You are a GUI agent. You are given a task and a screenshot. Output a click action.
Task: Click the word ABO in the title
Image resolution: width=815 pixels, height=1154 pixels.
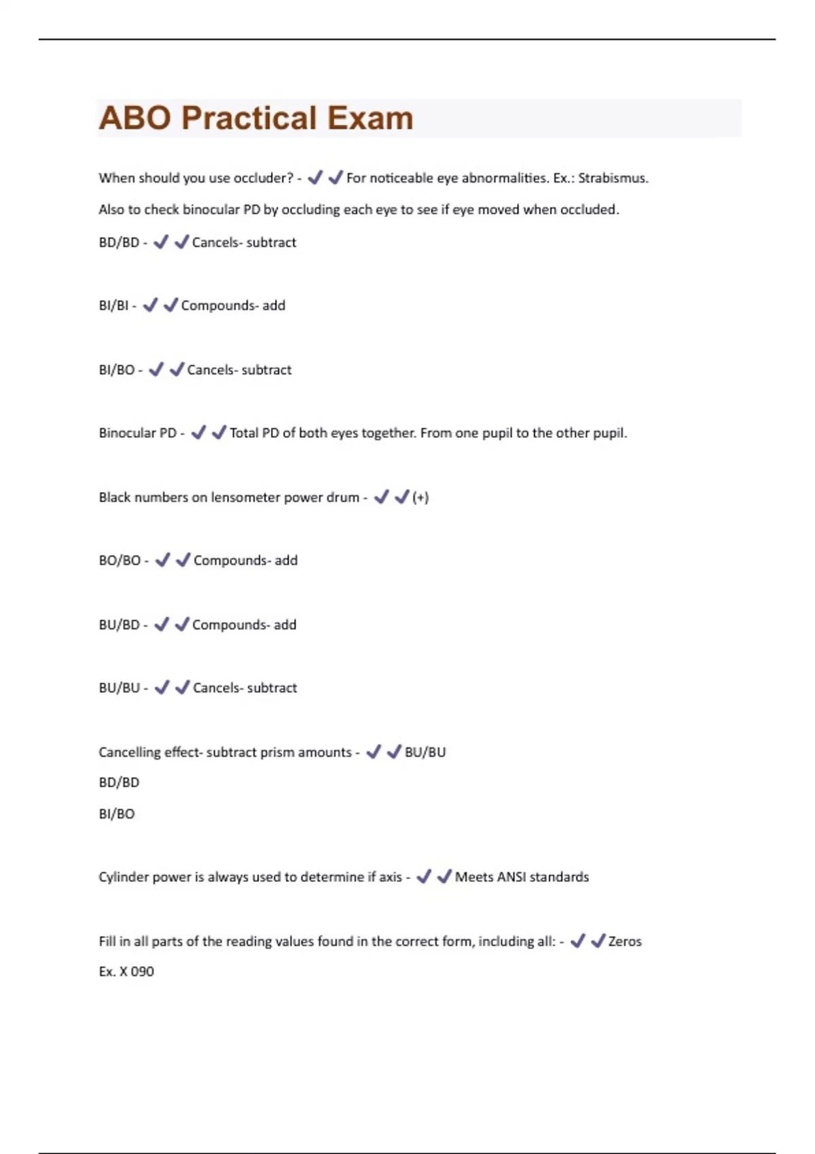[x=134, y=118]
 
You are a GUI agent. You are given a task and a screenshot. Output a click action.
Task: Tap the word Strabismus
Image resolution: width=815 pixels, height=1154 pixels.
[x=613, y=178]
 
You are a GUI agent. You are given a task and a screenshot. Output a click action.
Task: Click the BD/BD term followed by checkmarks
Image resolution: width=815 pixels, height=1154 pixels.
[x=119, y=242]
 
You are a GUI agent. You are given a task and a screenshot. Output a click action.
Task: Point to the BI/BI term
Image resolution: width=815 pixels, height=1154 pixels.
[x=113, y=305]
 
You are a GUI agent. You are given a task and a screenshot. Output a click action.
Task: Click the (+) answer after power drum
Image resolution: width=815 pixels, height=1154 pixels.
[x=420, y=498]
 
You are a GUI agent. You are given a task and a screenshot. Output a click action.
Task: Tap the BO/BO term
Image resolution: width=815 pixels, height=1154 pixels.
[x=120, y=561]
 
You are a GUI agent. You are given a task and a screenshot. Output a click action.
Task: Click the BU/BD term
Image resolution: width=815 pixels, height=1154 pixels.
[x=119, y=625]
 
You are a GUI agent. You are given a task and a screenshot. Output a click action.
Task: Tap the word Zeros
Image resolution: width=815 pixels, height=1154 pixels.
[x=625, y=942]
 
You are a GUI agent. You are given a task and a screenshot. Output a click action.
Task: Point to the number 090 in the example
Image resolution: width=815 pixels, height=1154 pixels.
[x=142, y=971]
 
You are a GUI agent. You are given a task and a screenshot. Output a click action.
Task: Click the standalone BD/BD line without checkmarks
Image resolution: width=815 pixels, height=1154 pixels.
[x=119, y=783]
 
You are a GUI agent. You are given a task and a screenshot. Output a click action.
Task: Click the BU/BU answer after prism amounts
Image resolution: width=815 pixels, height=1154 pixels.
[x=425, y=752]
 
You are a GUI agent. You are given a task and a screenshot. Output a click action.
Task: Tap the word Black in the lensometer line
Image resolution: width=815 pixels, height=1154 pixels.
[x=114, y=498]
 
